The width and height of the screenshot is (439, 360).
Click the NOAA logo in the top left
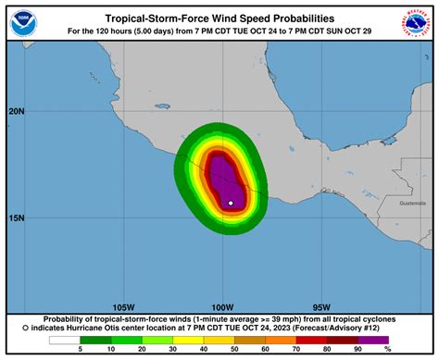click(x=23, y=23)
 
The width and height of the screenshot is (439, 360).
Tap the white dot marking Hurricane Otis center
click(x=231, y=202)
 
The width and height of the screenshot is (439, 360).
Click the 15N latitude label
click(x=16, y=218)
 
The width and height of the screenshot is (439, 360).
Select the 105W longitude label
click(x=122, y=307)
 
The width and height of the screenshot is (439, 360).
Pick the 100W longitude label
click(x=221, y=307)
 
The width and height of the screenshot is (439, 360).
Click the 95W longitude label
click(x=321, y=307)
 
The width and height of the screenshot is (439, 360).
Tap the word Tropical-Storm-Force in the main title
click(x=152, y=18)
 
